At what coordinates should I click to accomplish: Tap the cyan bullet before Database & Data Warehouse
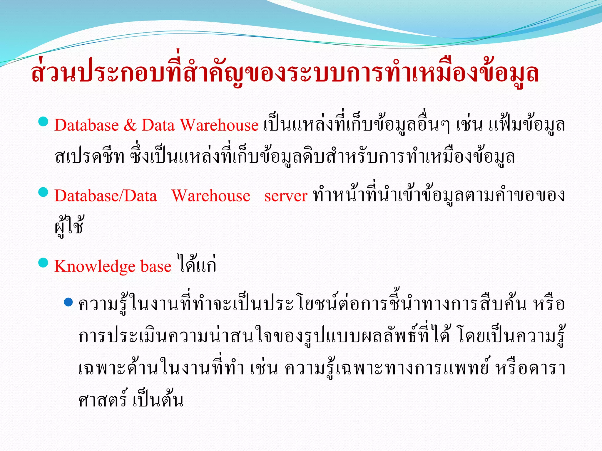(44, 121)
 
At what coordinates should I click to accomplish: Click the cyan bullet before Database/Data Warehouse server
(44, 192)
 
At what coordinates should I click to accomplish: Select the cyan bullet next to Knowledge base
(44, 262)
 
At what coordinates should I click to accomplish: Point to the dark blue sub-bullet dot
(68, 302)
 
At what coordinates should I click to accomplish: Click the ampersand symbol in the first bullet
(130, 125)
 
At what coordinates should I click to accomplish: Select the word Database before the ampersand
(86, 125)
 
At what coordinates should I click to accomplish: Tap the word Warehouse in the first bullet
(219, 125)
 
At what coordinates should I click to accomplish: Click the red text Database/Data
(106, 196)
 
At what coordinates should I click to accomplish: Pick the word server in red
(286, 196)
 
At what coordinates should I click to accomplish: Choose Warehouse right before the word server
(211, 196)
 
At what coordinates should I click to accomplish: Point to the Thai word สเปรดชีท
(90, 156)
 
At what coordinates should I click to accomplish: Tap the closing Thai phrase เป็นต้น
(158, 400)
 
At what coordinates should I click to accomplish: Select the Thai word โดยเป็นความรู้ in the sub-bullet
(511, 336)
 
